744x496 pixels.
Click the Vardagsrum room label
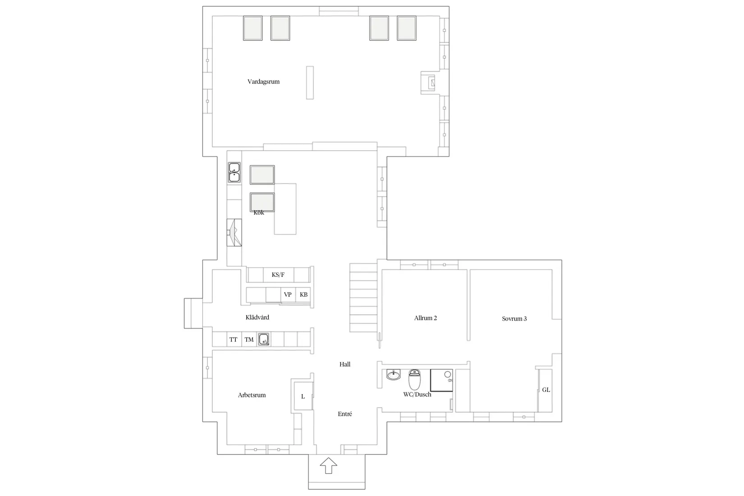[x=263, y=82]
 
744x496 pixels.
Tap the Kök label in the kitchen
[x=259, y=213]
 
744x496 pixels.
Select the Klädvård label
[x=257, y=317]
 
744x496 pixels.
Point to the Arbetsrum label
[x=252, y=395]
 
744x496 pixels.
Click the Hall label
[x=345, y=364]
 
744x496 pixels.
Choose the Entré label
[x=345, y=414]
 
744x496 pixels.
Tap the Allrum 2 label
[x=426, y=318]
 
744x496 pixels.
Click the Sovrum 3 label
[x=514, y=319]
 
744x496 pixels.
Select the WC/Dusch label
[x=417, y=395]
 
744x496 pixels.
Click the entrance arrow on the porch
[x=329, y=465]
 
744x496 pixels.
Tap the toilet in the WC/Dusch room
[x=414, y=379]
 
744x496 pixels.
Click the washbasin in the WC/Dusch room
[x=394, y=375]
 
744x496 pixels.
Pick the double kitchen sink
[x=234, y=172]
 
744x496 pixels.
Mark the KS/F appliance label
[x=278, y=275]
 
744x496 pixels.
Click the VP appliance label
[x=288, y=294]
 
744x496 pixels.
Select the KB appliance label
[x=303, y=294]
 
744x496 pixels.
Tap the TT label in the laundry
[x=233, y=340]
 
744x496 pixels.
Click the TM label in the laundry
[x=249, y=340]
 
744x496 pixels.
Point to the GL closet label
[x=546, y=390]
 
